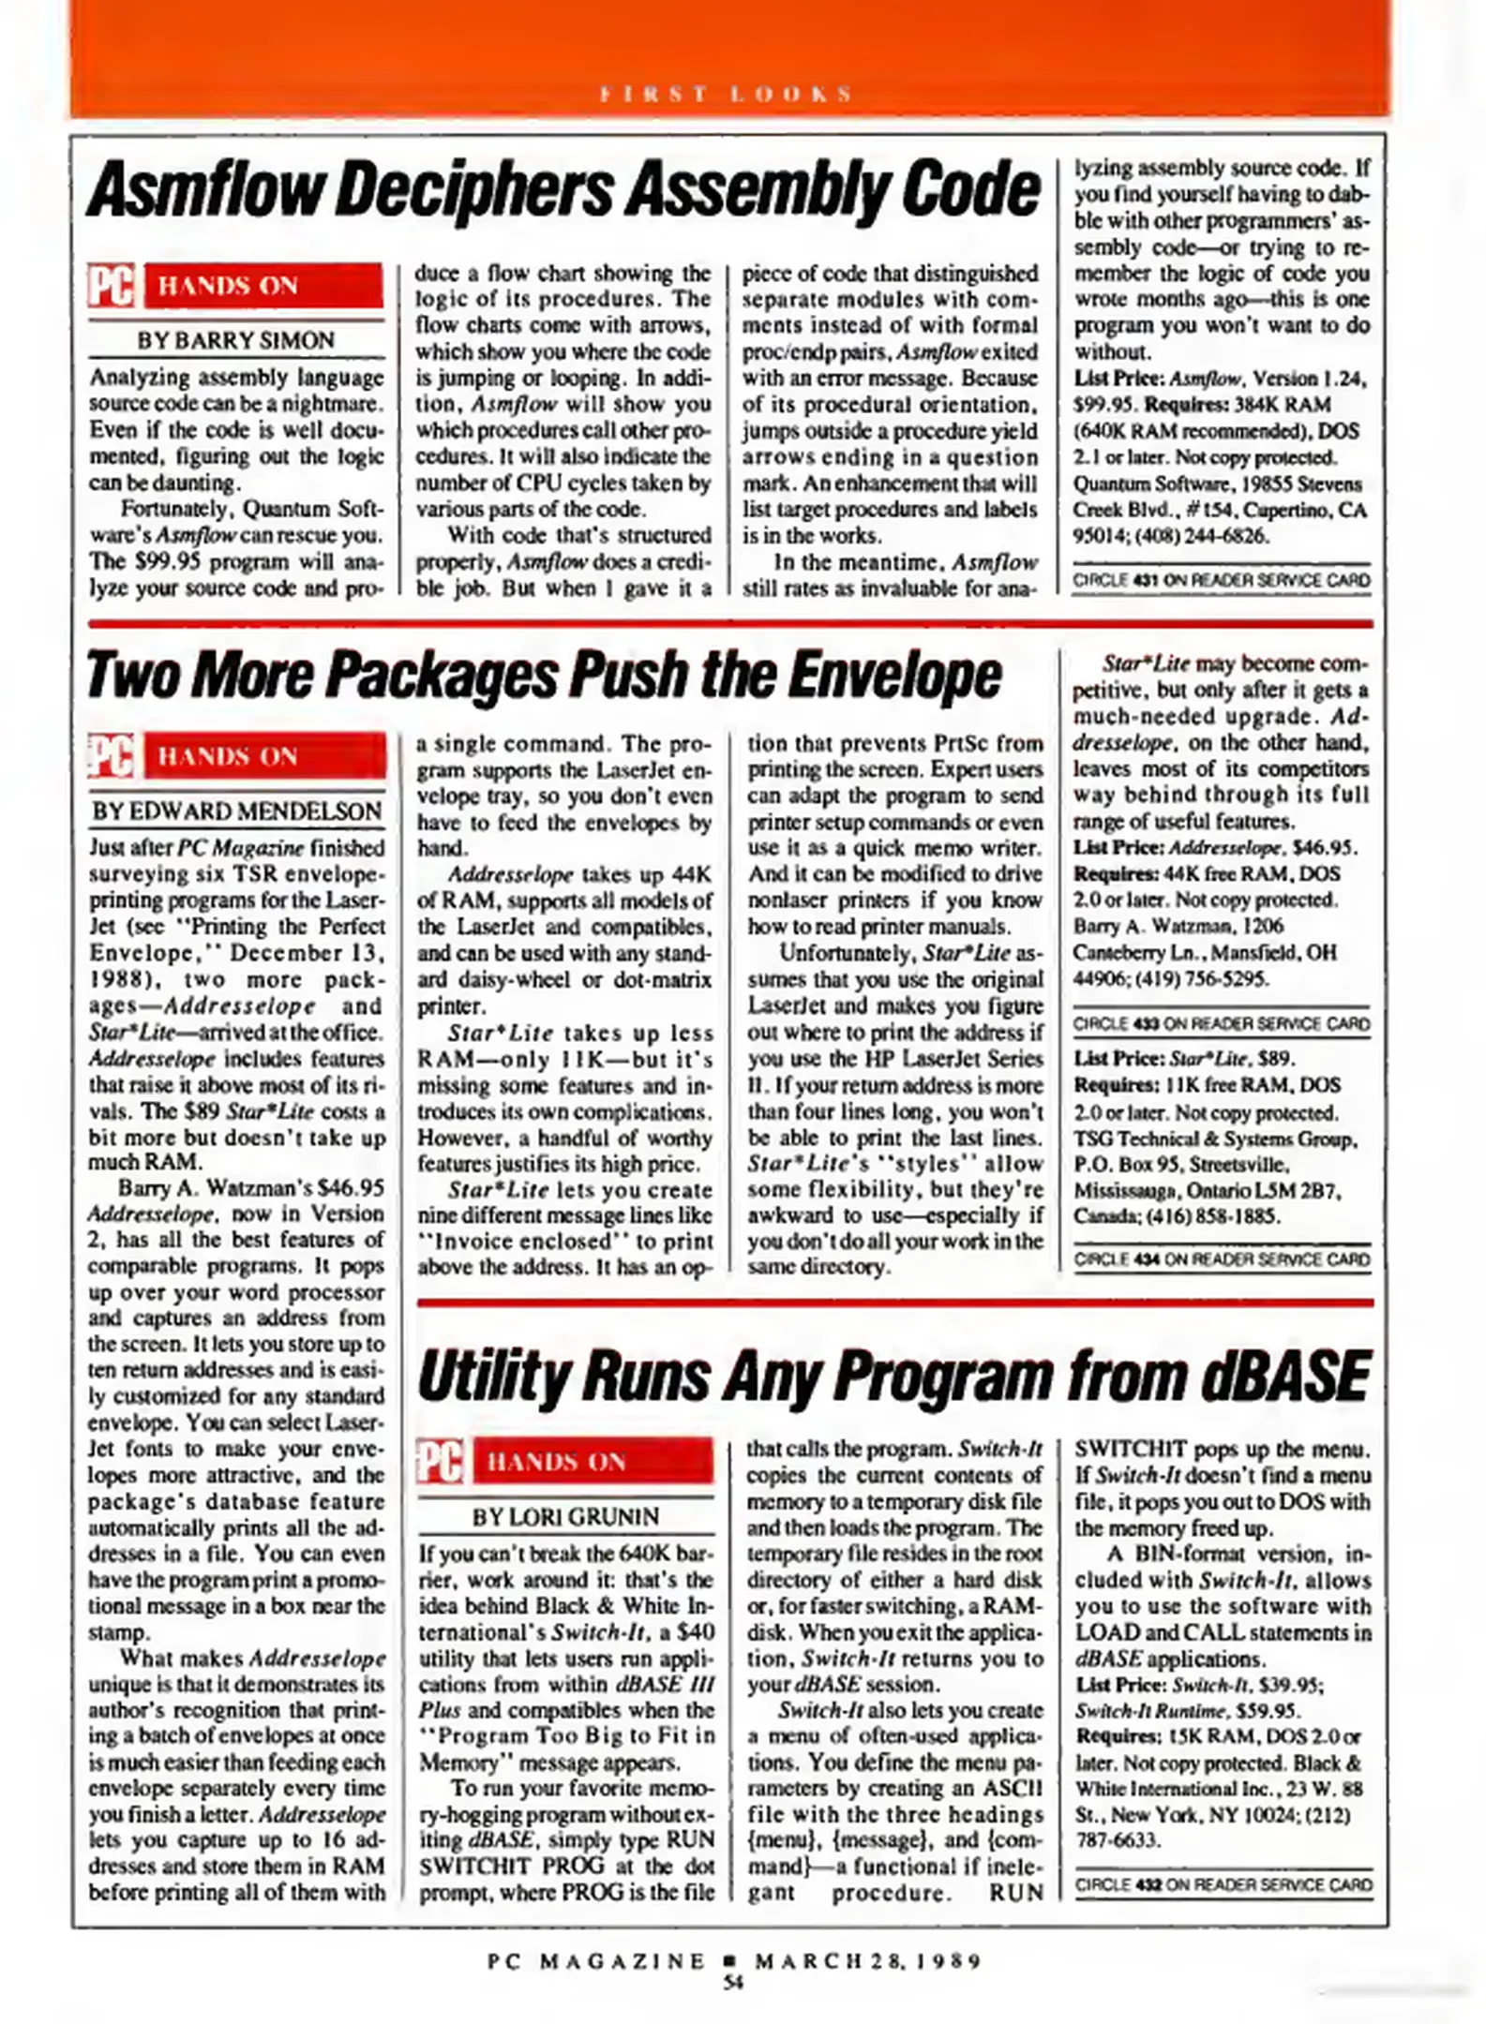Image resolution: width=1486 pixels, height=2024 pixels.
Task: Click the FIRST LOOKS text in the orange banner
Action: pos(727,94)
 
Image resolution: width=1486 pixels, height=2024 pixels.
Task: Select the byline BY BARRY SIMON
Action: pos(235,340)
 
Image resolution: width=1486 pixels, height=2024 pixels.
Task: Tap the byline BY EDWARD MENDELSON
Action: pos(236,811)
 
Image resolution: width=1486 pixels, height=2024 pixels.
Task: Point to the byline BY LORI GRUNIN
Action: pos(565,1516)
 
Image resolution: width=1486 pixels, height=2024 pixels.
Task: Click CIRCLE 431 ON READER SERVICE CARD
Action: pos(1222,580)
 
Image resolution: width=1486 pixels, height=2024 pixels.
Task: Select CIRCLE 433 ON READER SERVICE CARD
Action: pos(1222,1023)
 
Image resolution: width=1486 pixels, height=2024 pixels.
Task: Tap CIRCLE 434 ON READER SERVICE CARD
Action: pos(1222,1258)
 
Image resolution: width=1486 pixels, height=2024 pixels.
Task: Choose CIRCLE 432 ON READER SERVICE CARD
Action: pos(1223,1884)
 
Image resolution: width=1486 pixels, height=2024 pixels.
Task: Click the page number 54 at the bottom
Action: pos(733,1982)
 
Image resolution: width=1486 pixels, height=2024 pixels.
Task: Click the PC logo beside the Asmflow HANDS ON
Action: pos(112,286)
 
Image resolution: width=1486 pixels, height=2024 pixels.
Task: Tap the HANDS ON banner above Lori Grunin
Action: pos(593,1462)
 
